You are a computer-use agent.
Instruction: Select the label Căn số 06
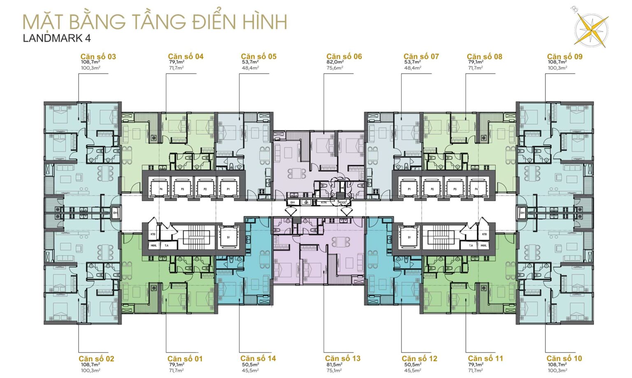344,57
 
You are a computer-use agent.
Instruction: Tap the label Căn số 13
342,359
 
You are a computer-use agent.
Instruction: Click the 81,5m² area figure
334,364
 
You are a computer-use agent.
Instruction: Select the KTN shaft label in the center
324,202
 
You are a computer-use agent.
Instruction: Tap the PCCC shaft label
342,202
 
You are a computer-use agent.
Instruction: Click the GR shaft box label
307,202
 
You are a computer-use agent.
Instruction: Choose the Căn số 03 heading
98,57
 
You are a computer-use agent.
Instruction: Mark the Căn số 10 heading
564,359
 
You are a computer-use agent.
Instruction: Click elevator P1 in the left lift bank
228,189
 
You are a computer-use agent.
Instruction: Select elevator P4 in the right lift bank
476,189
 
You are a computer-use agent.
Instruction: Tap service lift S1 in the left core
228,237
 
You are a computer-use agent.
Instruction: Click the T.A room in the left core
167,246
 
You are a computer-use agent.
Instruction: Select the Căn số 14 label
258,359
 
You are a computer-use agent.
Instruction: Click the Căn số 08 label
484,57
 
